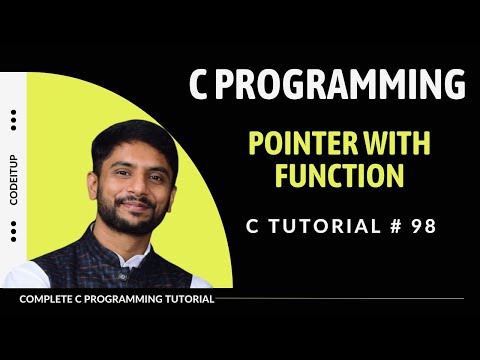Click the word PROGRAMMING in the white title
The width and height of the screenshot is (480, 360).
[340, 87]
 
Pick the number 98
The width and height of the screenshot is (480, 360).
[423, 225]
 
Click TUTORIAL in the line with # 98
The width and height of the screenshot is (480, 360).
[318, 225]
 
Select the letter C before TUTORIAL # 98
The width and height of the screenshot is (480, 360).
[253, 225]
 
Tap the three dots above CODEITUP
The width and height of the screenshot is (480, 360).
[14, 121]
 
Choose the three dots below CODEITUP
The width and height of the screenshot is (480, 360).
[14, 231]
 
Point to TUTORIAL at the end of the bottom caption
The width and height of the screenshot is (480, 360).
[187, 298]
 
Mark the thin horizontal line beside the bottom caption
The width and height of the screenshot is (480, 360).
[340, 298]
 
